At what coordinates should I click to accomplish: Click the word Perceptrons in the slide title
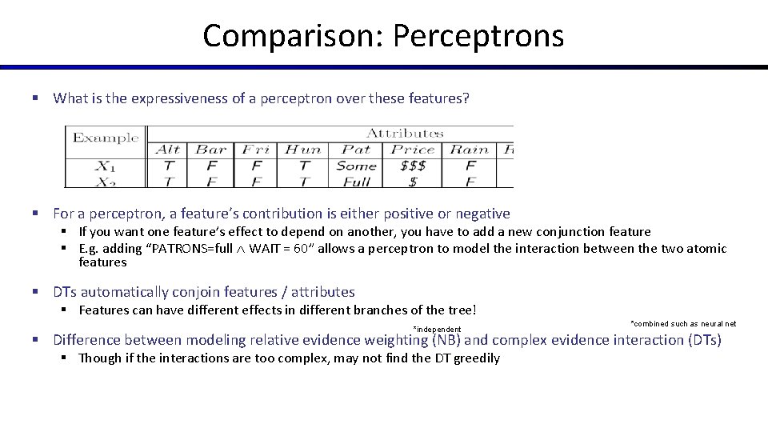pos(478,36)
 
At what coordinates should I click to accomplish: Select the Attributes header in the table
pos(405,133)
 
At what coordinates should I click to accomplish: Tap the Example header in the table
pos(106,138)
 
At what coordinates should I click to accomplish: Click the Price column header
pos(413,150)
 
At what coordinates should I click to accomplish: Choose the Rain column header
pos(470,150)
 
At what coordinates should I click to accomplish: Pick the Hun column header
pos(303,150)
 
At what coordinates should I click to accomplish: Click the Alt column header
pos(168,150)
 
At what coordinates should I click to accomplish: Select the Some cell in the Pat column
pos(356,166)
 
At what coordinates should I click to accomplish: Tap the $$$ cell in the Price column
pos(413,166)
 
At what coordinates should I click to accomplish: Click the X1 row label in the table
pos(106,166)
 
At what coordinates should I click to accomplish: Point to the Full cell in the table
pos(356,182)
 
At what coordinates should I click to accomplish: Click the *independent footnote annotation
pos(437,330)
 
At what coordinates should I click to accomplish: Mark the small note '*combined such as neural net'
pos(683,324)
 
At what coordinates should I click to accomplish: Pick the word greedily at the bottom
pos(477,358)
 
